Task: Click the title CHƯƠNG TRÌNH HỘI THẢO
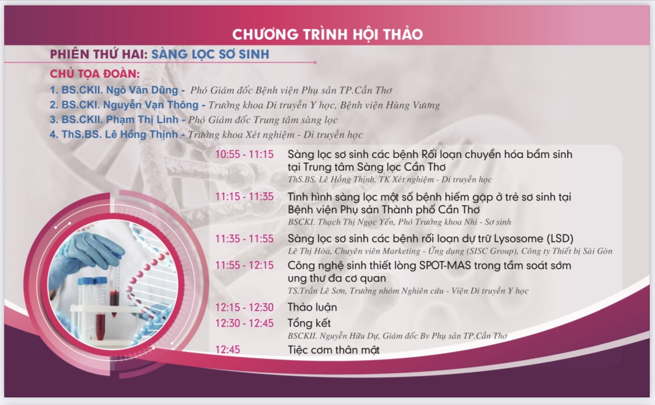327,34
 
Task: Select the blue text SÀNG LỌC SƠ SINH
210,54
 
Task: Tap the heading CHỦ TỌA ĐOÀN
95,74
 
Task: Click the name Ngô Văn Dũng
142,90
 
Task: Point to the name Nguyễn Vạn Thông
151,105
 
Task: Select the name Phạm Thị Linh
142,119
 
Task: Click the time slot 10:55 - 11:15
245,154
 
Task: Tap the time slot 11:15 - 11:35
245,196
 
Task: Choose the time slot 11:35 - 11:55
245,239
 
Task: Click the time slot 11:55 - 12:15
245,265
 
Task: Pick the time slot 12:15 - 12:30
245,307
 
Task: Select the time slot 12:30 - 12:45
245,323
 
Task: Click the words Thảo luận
312,307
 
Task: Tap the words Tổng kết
309,323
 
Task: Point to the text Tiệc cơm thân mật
334,350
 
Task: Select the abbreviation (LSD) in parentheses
560,239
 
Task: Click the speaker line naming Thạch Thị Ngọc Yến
399,222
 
